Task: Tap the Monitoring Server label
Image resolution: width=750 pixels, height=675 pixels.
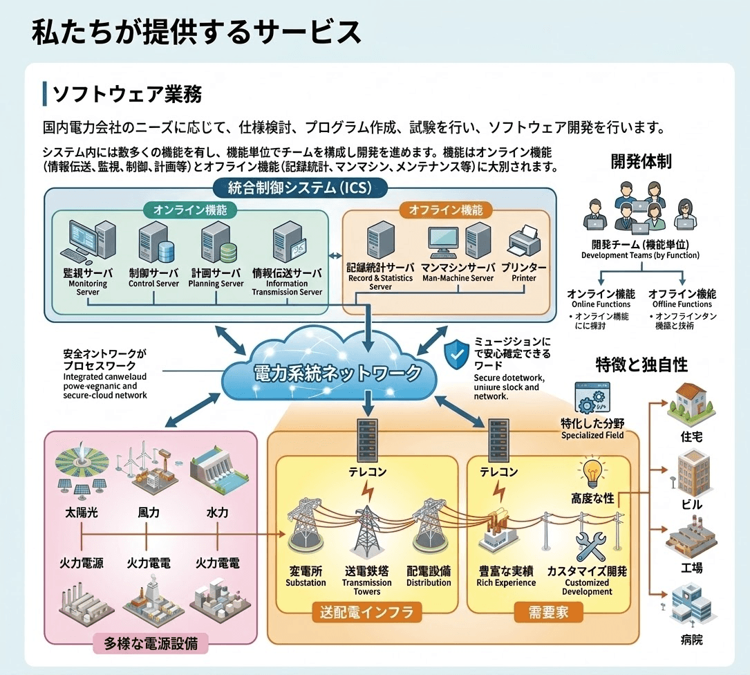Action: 88,283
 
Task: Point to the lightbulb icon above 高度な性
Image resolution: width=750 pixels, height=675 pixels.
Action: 592,474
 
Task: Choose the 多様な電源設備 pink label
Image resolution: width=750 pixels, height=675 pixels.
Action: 151,643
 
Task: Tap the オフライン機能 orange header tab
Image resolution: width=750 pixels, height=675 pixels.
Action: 446,210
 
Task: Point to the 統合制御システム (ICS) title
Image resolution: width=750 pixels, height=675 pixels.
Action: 299,187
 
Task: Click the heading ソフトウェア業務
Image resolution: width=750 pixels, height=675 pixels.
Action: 127,93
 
